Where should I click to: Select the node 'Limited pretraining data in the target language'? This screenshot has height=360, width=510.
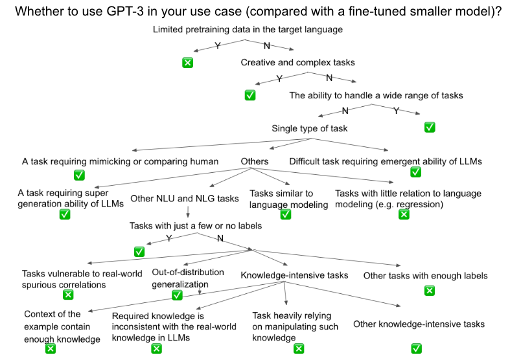point(248,30)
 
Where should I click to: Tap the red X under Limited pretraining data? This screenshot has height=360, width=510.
point(187,63)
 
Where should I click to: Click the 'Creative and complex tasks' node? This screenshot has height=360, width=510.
point(297,63)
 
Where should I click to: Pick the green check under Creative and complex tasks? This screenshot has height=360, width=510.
point(249,95)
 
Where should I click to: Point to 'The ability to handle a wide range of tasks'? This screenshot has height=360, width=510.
point(376,95)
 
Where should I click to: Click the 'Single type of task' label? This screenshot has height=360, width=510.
point(309,128)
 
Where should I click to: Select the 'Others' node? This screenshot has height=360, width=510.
point(254,161)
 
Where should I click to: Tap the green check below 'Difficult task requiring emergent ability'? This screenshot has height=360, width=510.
point(415,172)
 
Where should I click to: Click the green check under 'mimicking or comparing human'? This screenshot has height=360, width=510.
point(80,175)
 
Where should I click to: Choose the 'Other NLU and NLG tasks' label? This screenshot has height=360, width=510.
point(184,199)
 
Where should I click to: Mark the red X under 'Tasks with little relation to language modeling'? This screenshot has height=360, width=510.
point(404,214)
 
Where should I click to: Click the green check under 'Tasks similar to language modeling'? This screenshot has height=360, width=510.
point(285,214)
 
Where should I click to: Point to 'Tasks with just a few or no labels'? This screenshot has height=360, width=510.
point(195,226)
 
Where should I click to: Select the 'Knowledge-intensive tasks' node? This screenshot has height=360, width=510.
point(294,275)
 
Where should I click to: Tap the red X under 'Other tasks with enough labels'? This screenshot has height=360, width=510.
point(428,291)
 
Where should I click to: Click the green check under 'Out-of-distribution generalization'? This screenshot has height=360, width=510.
point(177,295)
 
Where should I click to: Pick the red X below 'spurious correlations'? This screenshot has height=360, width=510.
point(67,295)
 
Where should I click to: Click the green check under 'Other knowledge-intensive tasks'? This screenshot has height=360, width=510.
point(416,349)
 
